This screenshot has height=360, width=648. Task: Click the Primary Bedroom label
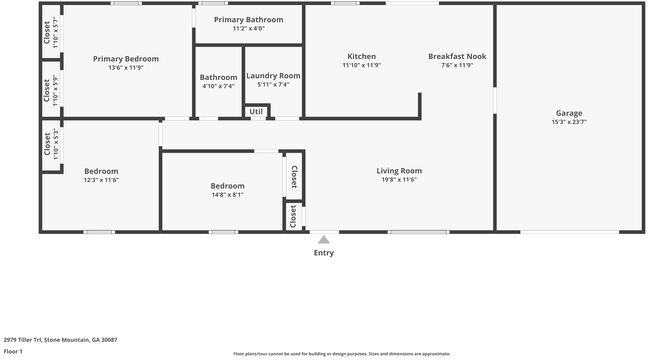coord(126,59)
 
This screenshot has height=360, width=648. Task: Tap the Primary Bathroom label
coord(248,19)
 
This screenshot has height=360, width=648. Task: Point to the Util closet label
coord(257,111)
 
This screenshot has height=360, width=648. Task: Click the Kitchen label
coord(361,56)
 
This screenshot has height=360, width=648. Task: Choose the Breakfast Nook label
coord(457,56)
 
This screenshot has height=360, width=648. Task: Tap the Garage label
coord(569,113)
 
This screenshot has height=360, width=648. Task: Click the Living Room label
coord(399,170)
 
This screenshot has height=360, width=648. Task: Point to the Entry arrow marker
coord(323,240)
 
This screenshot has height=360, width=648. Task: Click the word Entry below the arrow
coord(324,253)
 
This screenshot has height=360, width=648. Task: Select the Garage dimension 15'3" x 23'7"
coord(569,122)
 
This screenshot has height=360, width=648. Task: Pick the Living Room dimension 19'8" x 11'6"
coord(399,180)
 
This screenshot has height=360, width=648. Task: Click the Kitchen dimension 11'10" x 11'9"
coord(361,66)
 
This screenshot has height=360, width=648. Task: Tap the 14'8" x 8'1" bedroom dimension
coord(227,195)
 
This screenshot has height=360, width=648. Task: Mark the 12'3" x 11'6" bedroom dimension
coord(101,180)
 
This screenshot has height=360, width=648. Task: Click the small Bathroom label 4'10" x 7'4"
coord(218,86)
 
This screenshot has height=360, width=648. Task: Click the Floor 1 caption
coord(13,352)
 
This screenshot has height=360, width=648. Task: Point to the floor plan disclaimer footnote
coord(341,353)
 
